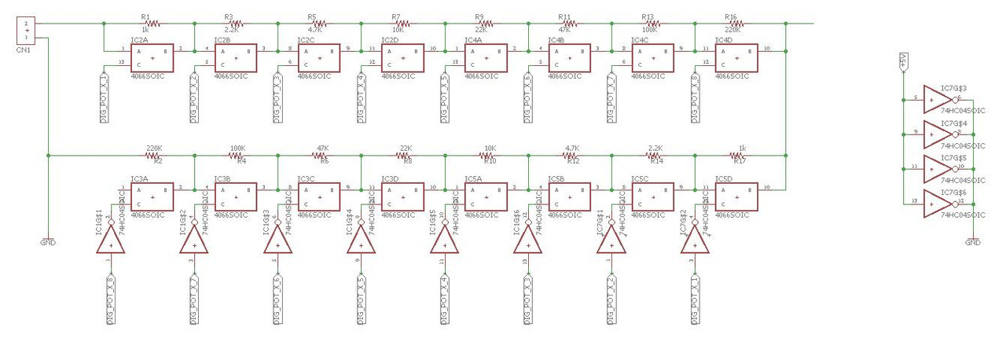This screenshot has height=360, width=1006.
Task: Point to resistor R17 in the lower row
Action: point(736,156)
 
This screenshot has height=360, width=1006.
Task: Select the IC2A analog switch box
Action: point(152,57)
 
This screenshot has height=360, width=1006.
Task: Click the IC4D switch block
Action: point(736,57)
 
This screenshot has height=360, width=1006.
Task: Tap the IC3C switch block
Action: point(318,197)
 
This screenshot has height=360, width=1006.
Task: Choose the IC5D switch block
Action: point(736,197)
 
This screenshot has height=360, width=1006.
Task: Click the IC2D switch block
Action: point(402,57)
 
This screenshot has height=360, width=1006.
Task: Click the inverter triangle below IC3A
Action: point(111,242)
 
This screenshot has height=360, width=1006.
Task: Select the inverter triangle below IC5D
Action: point(695,242)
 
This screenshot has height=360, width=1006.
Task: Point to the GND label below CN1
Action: point(48,242)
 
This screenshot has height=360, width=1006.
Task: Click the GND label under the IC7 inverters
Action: point(973,243)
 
